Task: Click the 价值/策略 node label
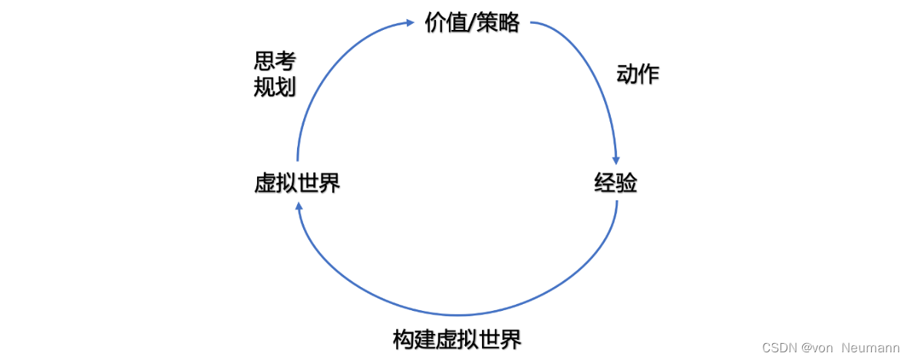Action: pos(472,23)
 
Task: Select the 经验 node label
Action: pos(616,183)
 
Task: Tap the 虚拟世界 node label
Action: pos(297,183)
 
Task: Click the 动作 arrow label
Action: pos(638,74)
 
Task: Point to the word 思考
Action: pos(275,61)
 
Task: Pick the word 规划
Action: pos(275,87)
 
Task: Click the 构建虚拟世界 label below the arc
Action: pos(457,339)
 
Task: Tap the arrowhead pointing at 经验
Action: pos(616,157)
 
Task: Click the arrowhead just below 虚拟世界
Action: pos(299,206)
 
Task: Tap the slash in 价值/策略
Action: pos(470,23)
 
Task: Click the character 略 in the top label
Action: pos(509,23)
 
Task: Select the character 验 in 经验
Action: pos(626,183)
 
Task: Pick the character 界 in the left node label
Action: pos(329,183)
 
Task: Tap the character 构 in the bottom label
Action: pos(404,339)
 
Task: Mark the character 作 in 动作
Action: pos(649,74)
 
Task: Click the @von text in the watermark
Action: pos(818,348)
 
